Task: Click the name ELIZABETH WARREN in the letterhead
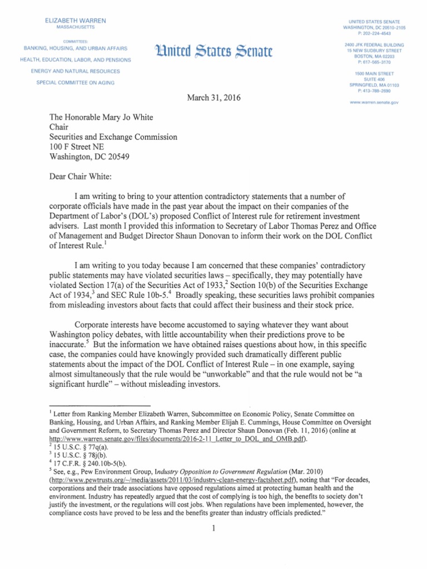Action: (x=76, y=21)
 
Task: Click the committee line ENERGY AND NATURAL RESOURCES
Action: (x=76, y=71)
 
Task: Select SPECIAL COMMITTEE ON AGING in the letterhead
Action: (x=76, y=83)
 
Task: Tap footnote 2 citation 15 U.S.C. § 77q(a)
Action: (x=85, y=446)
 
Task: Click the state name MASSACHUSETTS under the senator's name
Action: (x=76, y=27)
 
